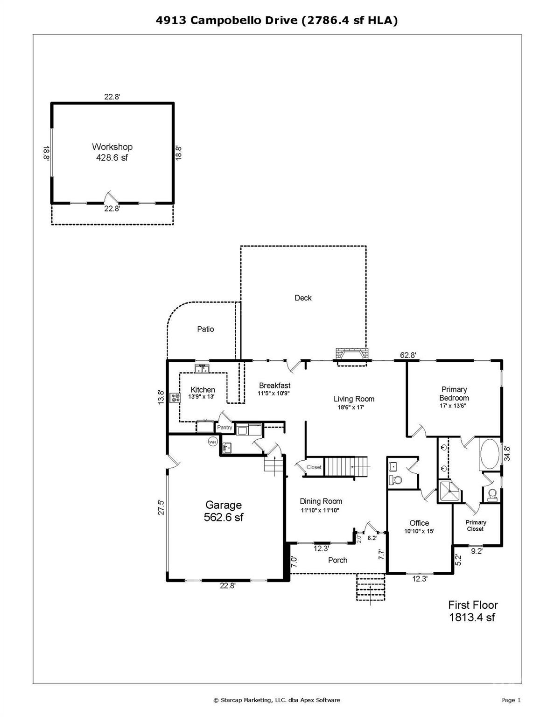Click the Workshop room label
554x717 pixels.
112,147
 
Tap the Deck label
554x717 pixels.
303,298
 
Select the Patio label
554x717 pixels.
205,329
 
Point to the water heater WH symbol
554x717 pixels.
213,442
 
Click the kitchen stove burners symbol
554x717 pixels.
175,398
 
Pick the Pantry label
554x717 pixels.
224,428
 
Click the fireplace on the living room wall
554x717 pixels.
352,355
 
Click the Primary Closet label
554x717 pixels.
476,526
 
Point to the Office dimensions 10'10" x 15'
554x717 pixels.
419,531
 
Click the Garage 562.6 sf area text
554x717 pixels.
224,517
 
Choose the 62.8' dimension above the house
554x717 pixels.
408,355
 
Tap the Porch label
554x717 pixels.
337,560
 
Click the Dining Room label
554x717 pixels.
321,501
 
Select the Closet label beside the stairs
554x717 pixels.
314,467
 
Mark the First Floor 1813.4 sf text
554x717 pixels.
472,611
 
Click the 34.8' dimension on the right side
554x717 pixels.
507,453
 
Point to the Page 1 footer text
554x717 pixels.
511,700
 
